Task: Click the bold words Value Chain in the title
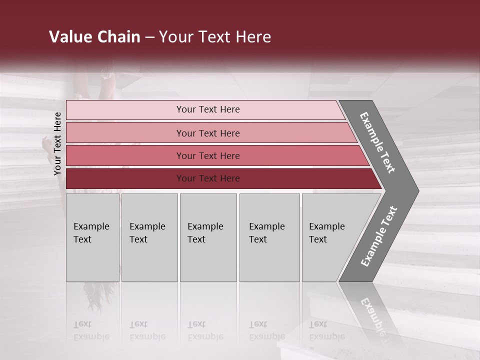tap(94, 37)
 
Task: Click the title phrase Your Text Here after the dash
tap(215, 37)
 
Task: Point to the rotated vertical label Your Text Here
tap(57, 143)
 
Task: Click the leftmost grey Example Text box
tap(92, 237)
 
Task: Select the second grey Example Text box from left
tap(149, 237)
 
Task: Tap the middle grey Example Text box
tap(208, 237)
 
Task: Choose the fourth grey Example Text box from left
tap(269, 237)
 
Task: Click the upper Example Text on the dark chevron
tap(377, 142)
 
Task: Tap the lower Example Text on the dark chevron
tap(379, 236)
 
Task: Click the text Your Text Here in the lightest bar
tap(208, 109)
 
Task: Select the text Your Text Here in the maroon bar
tap(208, 178)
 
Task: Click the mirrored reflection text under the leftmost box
tap(91, 330)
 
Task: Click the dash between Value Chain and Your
tap(149, 37)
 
